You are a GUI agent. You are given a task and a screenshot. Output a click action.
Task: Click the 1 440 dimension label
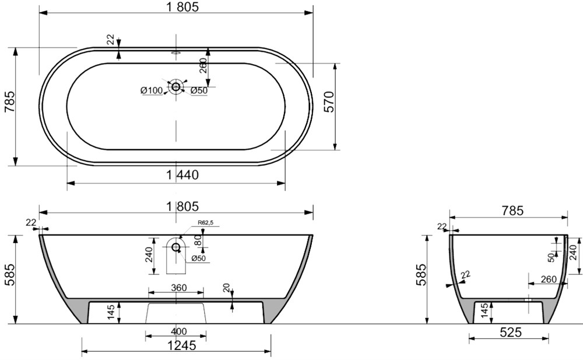coord(182,175)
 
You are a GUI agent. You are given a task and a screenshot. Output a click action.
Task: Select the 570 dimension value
coord(329,101)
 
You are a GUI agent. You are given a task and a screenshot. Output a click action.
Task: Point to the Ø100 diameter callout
coord(152,90)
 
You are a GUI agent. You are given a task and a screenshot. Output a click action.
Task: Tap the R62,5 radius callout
coord(205,223)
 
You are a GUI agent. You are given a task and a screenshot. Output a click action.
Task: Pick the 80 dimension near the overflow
coord(198,240)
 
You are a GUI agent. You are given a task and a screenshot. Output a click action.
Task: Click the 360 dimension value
coord(179,288)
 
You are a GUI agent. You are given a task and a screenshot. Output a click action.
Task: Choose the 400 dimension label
coord(179,331)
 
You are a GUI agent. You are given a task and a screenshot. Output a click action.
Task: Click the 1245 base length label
coord(181,345)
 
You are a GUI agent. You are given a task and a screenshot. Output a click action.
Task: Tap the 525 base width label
coord(511,332)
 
